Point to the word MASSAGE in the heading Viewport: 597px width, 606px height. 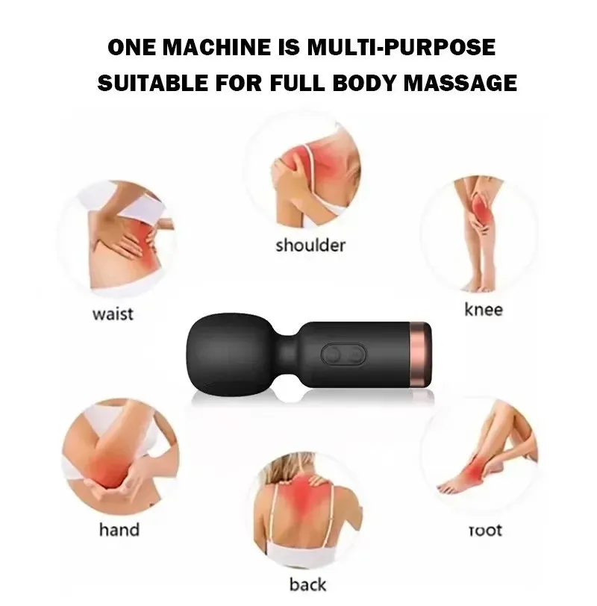[460, 83]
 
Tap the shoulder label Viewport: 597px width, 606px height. [310, 246]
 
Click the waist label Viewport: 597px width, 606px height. [113, 313]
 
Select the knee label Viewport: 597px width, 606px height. [484, 310]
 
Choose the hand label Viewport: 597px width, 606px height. [119, 529]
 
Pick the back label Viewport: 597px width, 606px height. [307, 584]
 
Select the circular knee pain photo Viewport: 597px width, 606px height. [479, 233]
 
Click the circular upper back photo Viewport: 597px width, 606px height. [307, 511]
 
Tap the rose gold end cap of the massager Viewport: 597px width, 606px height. [421, 354]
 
